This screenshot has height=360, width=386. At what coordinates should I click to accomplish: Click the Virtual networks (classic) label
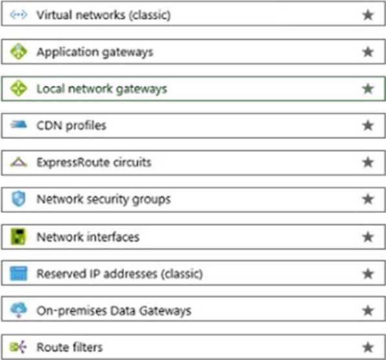point(103,15)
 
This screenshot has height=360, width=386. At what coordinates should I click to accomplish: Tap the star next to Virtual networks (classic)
point(368,15)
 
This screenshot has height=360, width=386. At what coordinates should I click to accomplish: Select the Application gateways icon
point(19,51)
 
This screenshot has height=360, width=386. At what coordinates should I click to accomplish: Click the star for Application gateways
point(368,52)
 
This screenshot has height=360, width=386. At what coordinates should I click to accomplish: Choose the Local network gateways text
point(101,89)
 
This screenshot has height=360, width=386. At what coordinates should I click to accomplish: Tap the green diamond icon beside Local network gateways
point(19,88)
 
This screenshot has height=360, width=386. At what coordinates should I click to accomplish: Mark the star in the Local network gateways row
point(368,88)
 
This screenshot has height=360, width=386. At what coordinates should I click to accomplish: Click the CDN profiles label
point(71,125)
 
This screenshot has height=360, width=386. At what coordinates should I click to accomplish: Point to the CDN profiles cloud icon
point(19,124)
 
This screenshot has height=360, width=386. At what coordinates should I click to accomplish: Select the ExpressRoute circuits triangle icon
point(19,162)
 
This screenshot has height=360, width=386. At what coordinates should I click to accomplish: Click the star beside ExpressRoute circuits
point(368,162)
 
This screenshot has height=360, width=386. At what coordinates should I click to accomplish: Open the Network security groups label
point(103,199)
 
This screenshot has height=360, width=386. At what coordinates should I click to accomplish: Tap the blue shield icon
point(18,199)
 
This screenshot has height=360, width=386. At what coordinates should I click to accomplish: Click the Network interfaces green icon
point(18,237)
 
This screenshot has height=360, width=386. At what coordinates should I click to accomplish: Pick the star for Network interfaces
point(368,237)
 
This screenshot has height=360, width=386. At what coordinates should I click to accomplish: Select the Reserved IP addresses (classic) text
point(120,274)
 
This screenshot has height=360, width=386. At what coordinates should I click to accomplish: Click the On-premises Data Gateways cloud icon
point(19,310)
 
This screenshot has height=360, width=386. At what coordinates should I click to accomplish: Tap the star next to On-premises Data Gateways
point(368,311)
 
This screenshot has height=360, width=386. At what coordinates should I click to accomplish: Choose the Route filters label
point(70,348)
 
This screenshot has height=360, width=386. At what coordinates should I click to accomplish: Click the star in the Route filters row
point(368,348)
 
